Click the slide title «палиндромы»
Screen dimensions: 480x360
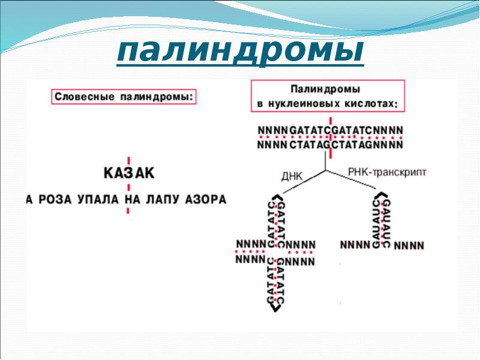pos(240,52)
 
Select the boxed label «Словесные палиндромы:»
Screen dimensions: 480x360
pos(125,96)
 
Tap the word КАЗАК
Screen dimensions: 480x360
pos(129,174)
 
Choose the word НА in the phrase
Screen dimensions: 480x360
pos(133,199)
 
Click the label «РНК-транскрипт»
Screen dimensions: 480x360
pos(387,172)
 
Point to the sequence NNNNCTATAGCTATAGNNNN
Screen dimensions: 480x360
pos(331,145)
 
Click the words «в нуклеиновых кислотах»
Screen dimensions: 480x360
pos(326,103)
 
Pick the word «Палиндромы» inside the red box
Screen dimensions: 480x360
pos(326,89)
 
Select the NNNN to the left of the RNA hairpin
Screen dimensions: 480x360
pos(355,245)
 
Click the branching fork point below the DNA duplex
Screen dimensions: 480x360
pos(325,170)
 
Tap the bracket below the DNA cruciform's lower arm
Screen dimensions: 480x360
pos(276,307)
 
